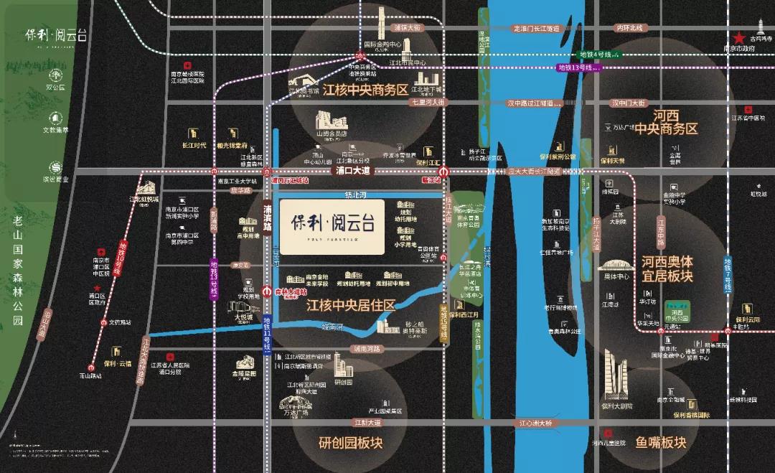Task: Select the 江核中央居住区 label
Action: click(351, 306)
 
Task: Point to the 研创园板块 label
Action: click(351, 443)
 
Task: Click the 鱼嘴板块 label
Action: click(661, 442)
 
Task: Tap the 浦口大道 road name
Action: click(352, 172)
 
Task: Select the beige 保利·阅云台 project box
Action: click(332, 226)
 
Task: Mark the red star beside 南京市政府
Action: click(738, 38)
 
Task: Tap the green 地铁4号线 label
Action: click(595, 55)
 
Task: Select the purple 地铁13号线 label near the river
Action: click(578, 67)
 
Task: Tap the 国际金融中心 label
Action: click(382, 44)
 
